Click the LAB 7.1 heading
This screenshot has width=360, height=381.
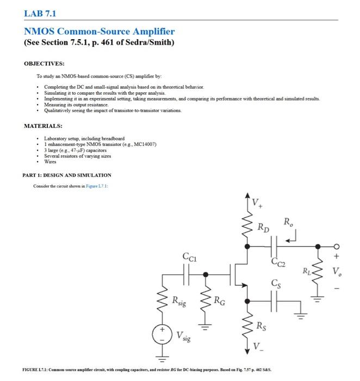[39, 13]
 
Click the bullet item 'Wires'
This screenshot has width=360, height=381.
[51, 162]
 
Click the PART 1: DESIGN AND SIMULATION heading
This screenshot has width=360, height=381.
[67, 175]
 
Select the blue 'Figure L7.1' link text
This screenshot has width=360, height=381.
[103, 186]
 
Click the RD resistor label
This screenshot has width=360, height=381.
[264, 228]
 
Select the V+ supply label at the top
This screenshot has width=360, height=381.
[258, 204]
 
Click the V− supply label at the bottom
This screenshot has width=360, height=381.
[257, 344]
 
